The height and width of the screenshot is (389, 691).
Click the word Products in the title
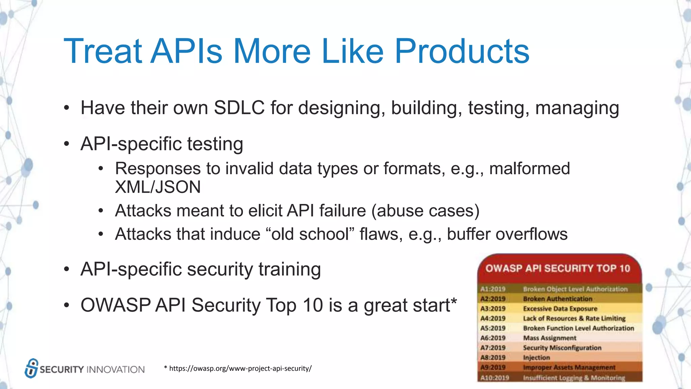tap(462, 51)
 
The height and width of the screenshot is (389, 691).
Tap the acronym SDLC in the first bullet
tap(239, 108)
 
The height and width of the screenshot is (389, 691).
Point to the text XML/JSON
tap(158, 187)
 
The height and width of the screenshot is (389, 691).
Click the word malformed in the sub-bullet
tap(529, 168)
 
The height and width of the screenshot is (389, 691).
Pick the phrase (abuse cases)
tap(425, 211)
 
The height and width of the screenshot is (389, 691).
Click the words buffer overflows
tap(507, 234)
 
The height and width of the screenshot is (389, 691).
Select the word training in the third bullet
tap(289, 269)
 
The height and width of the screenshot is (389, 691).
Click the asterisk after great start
tap(454, 301)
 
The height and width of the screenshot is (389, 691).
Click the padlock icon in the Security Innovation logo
tap(31, 368)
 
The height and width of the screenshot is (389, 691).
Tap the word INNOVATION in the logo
tap(115, 369)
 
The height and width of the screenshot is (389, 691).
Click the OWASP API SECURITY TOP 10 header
tap(557, 268)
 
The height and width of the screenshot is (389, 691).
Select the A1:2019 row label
tap(493, 289)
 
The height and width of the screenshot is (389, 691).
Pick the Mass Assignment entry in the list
tap(549, 338)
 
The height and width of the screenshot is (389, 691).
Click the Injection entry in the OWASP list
tap(536, 358)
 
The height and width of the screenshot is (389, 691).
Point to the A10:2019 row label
tap(494, 378)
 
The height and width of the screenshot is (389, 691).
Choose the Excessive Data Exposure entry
tap(560, 309)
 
